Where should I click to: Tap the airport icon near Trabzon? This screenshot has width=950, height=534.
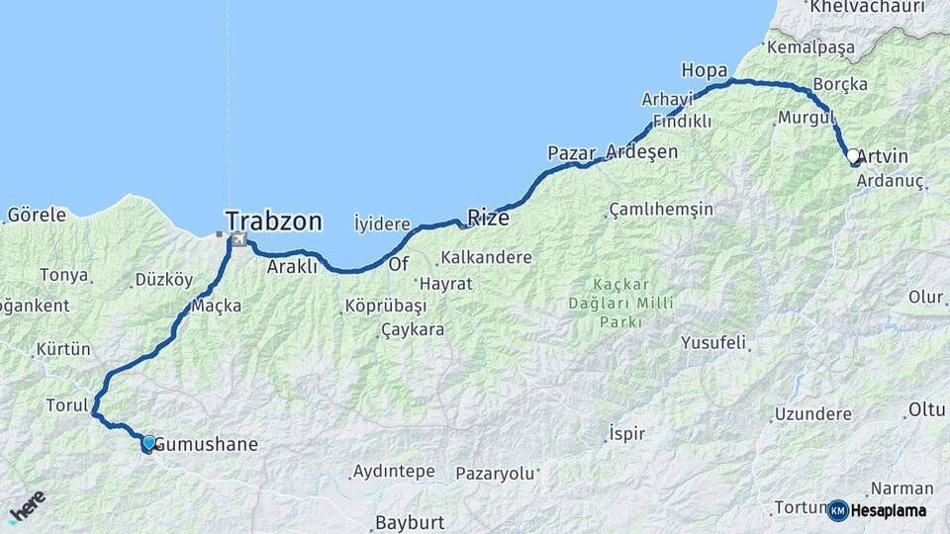click(238, 240)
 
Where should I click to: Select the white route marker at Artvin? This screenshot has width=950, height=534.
click(853, 155)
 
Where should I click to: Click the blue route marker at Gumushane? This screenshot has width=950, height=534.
click(148, 442)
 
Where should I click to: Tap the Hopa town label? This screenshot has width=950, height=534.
click(705, 70)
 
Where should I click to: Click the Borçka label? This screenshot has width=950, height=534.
click(839, 84)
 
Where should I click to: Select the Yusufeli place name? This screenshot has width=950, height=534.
click(713, 343)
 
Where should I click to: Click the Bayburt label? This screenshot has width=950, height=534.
click(411, 522)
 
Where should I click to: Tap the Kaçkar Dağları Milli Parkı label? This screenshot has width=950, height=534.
click(620, 303)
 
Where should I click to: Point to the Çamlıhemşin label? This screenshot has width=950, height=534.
click(661, 210)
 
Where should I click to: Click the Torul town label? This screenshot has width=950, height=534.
click(67, 405)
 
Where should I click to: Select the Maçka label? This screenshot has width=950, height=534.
click(216, 306)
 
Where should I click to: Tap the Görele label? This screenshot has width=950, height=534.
click(37, 215)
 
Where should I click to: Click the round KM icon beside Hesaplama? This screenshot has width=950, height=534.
click(837, 510)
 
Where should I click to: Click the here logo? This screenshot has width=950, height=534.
click(27, 506)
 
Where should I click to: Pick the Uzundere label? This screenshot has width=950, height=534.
click(812, 413)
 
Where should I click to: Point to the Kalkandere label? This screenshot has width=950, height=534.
click(486, 257)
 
